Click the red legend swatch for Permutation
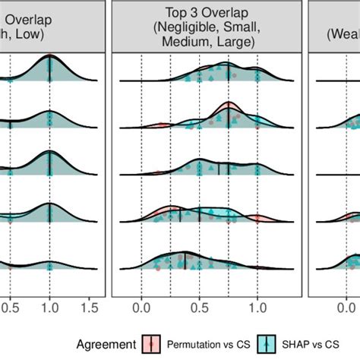(151, 343)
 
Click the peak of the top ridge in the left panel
(49, 56)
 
